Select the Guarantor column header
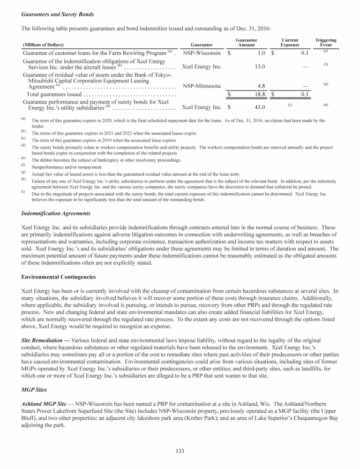202,45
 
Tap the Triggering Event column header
326,43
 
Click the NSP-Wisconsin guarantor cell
202,53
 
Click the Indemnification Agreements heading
56,213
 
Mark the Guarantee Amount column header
246,43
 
